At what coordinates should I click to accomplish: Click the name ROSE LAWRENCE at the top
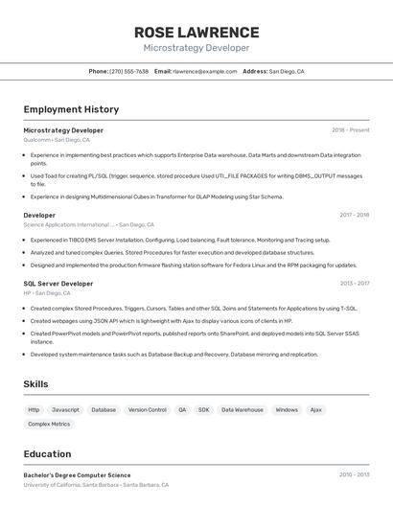pos(196,32)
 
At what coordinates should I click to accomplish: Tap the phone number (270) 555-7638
pos(128,71)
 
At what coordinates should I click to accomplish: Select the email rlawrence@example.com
pos(204,71)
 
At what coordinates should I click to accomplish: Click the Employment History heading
pos(71,109)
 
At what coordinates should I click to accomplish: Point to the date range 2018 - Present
pos(350,130)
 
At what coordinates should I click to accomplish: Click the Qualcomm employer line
pos(57,140)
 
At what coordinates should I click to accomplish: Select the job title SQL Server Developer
pos(58,284)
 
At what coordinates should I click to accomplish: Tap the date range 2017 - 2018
pos(354,216)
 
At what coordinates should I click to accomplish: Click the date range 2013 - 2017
pos(354,284)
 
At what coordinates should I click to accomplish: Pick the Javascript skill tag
pos(65,409)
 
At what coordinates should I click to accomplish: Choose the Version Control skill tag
pos(147,409)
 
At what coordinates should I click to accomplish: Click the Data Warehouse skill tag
pos(242,409)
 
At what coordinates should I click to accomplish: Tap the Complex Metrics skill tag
pos(49,424)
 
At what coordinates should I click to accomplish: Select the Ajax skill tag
pos(315,409)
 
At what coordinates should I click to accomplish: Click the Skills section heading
pos(36,384)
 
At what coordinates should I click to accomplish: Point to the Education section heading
pos(47,454)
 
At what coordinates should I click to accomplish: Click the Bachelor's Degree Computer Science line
pos(77,475)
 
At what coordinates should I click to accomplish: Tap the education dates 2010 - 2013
pos(354,474)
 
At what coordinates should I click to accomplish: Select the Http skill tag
pos(34,409)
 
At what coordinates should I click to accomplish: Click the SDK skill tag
pos(203,409)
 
